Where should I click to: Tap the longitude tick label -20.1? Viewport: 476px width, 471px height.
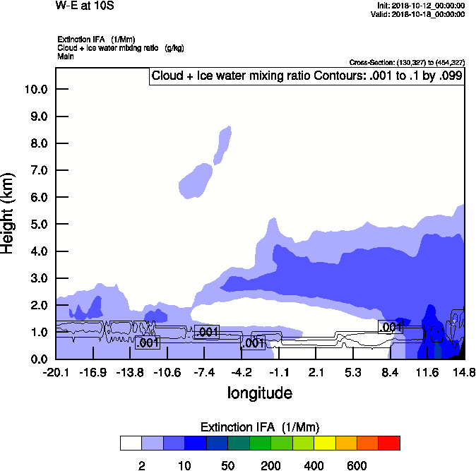point(56,372)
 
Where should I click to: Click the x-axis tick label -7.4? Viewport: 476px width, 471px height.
point(205,372)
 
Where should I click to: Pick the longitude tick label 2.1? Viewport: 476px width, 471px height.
point(316,372)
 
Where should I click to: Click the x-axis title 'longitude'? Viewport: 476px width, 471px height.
point(260,393)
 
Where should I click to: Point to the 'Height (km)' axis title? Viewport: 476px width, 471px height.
point(9,213)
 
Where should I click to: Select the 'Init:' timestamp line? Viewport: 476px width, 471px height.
point(421,6)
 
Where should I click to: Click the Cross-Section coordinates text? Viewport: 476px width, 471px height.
point(407,63)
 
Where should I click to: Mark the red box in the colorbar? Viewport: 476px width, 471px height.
point(390,443)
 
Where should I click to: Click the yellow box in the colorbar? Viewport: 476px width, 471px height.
point(324,443)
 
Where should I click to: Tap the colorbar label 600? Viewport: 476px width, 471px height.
point(357,465)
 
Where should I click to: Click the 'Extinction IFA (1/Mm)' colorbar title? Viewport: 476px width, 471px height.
point(260,427)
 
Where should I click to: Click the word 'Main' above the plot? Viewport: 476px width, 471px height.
point(66,56)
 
